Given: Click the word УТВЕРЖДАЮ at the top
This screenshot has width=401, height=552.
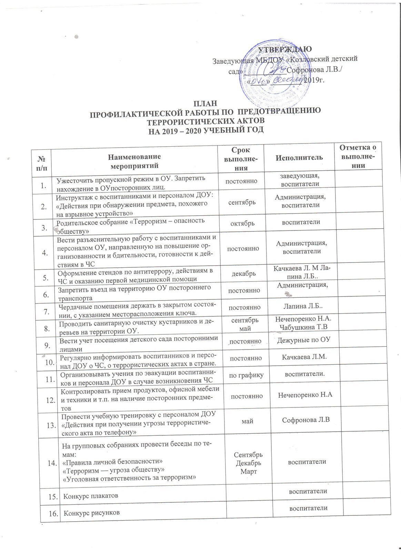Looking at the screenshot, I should point(286,49).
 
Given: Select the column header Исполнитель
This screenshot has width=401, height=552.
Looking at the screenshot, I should point(299,158).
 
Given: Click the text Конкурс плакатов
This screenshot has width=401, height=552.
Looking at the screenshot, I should point(90,496).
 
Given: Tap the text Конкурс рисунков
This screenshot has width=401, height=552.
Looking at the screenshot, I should point(90,513).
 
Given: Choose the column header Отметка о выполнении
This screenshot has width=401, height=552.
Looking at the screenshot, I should point(358,157).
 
